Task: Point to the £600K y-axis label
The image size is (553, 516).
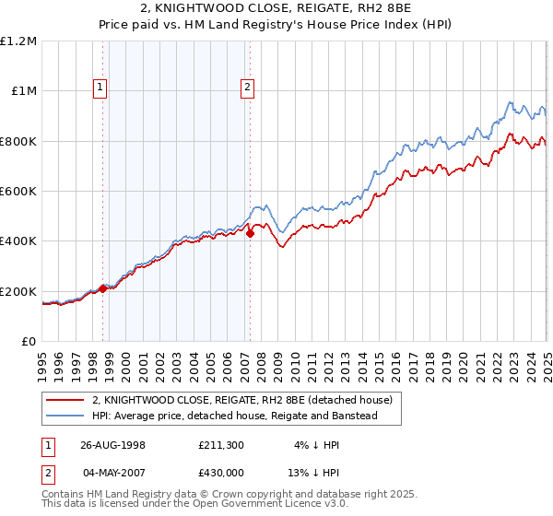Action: coord(18,192)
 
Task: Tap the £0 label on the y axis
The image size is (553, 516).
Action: coord(29,342)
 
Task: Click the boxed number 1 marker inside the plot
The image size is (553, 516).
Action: coord(100,88)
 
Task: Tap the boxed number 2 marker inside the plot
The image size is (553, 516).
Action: coord(248,88)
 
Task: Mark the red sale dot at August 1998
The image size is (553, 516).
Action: coord(103,288)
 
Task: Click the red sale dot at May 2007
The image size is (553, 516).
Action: coord(250,234)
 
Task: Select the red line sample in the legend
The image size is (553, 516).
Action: coord(65,400)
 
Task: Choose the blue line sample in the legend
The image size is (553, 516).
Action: coord(65,416)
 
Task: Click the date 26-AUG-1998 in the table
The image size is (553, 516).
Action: coord(112,445)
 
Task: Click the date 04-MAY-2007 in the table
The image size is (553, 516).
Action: coord(112,474)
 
